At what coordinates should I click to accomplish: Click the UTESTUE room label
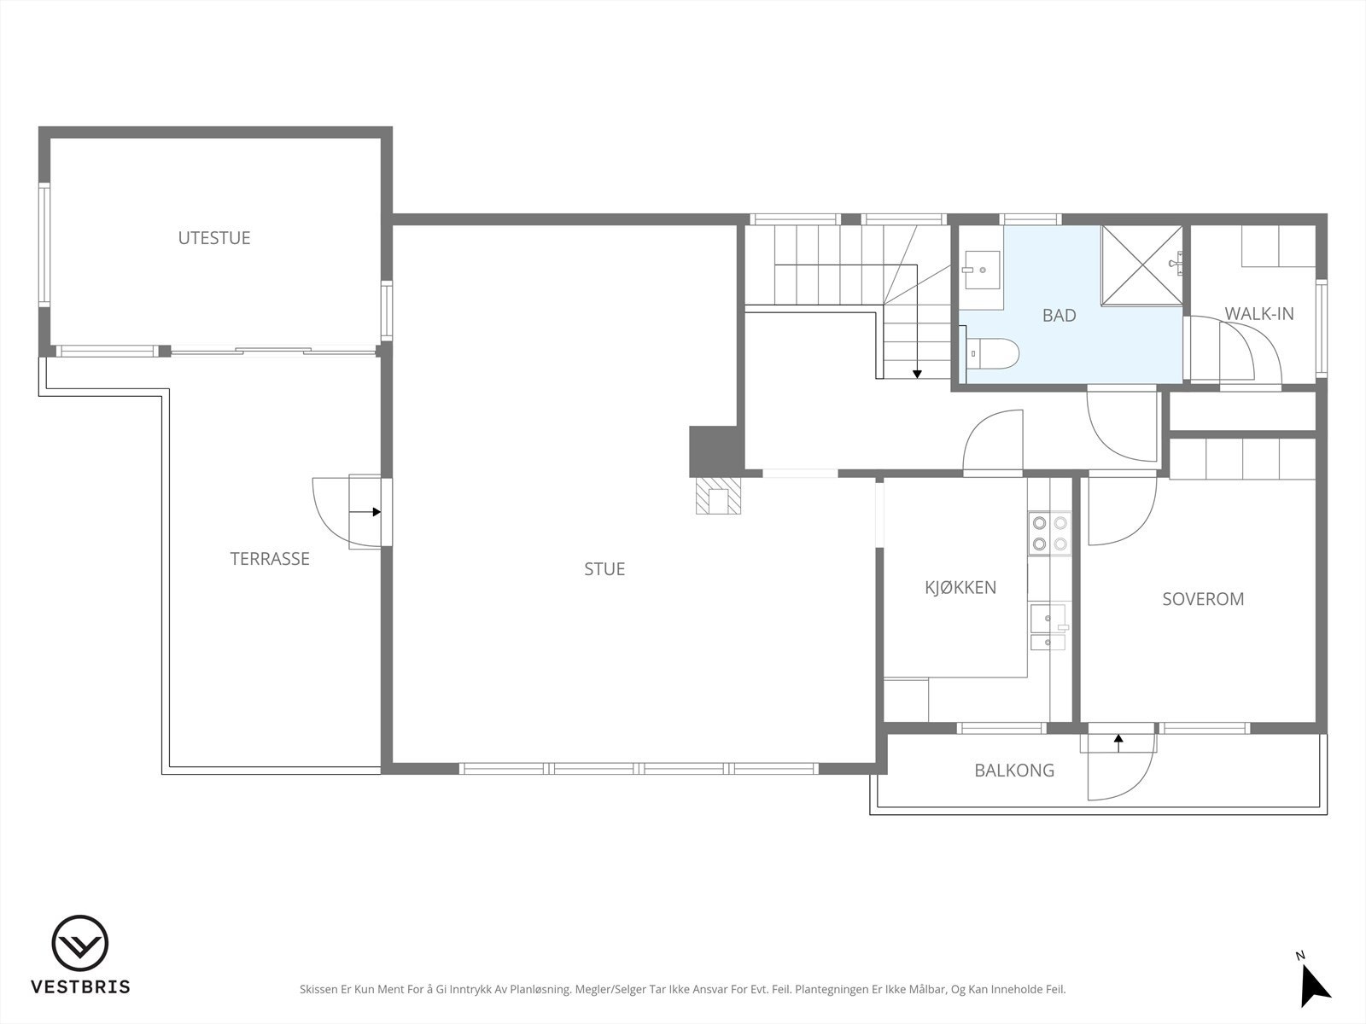pos(214,238)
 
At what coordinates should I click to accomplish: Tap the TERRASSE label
pos(270,559)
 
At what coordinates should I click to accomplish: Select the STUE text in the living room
pos(604,569)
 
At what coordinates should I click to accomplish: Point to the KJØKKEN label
pos(960,587)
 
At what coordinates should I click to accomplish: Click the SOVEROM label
pos(1203,599)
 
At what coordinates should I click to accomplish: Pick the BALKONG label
pos(1014,771)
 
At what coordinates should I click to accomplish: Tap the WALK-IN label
pos(1259,314)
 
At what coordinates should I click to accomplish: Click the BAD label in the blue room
pos(1060,315)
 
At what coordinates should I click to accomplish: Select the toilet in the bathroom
pos(993,353)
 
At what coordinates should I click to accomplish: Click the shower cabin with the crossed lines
pos(1142,265)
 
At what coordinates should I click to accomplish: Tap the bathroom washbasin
pos(982,271)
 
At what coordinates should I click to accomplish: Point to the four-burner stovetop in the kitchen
pos(1050,532)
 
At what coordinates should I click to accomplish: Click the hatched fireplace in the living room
pos(718,496)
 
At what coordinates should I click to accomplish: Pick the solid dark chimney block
pos(716,451)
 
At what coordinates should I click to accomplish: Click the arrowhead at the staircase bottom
pos(917,375)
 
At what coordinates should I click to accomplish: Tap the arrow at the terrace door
pos(365,512)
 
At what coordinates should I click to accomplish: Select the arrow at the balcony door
pos(1118,743)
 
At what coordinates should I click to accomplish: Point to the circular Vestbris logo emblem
pos(79,943)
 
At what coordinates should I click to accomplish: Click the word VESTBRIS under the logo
pos(80,986)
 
